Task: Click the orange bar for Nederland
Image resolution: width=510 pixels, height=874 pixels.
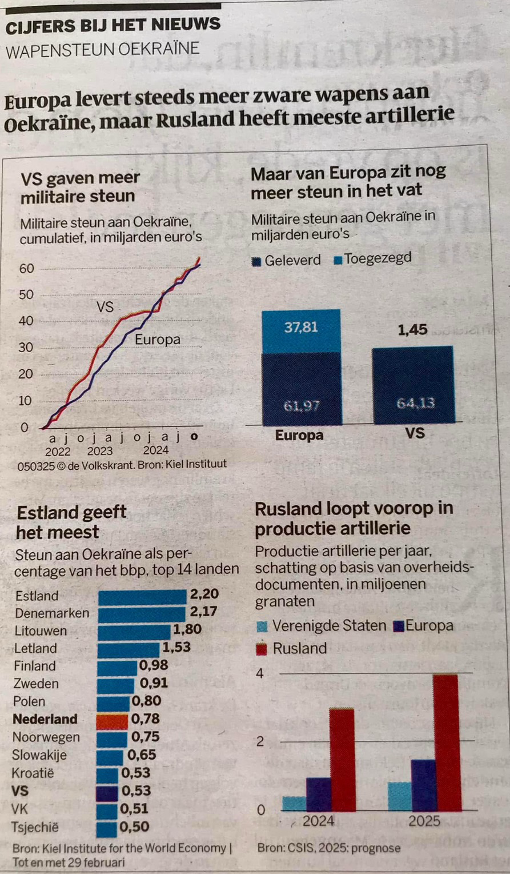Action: pos(112,720)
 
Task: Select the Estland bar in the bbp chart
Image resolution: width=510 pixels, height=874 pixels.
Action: pos(142,597)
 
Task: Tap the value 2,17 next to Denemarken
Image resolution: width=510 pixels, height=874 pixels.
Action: pos(203,612)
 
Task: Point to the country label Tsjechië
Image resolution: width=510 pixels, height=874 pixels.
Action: pos(35,827)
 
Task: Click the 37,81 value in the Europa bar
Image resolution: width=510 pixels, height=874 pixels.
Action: pos(301,328)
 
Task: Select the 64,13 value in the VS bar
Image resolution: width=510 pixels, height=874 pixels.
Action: pos(415,403)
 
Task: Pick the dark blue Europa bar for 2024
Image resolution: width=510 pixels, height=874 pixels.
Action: pos(319,794)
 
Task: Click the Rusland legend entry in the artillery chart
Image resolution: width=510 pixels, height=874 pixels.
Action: pos(292,648)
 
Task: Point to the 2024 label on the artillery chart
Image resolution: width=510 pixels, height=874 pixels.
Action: pos(318,821)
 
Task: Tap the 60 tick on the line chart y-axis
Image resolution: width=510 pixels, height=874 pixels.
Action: pos(26,269)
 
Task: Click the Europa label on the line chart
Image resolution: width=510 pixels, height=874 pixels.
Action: pos(157,340)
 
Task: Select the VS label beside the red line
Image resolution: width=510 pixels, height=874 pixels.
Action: pos(105,307)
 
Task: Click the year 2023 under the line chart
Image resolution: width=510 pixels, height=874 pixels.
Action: pos(100,450)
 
